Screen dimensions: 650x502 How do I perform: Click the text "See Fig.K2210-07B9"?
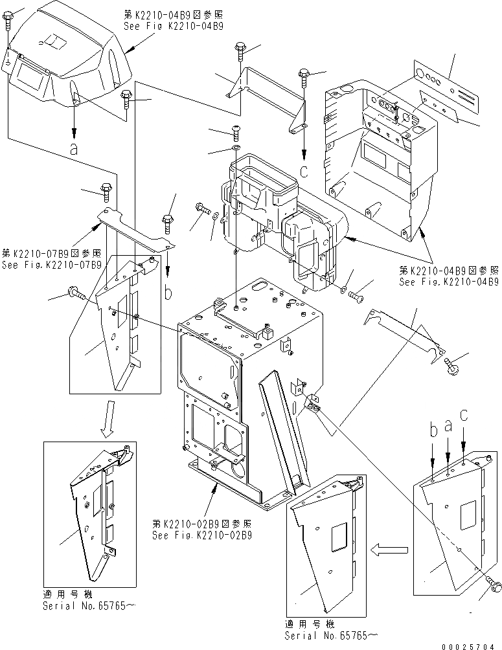coord(51,265)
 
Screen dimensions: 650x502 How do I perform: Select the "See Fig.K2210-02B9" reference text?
coord(201,535)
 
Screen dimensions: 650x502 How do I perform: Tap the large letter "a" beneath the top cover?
coord(74,148)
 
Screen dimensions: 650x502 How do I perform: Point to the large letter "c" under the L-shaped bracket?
coord(304,171)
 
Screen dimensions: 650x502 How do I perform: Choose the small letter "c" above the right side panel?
coord(464,414)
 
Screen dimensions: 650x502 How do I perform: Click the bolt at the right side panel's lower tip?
coord(496,586)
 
